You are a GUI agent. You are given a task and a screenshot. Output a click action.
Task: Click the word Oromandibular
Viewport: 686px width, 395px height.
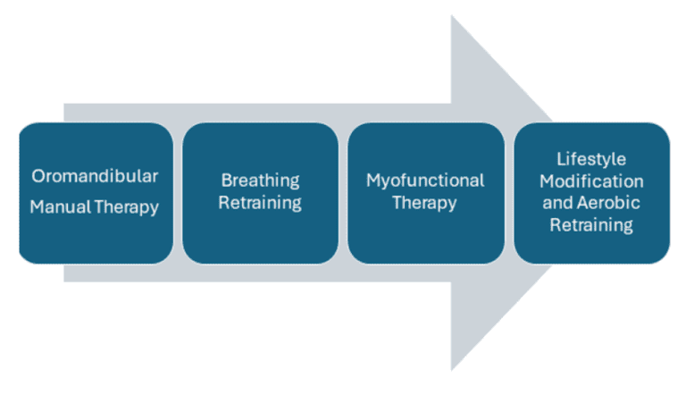pos(95,176)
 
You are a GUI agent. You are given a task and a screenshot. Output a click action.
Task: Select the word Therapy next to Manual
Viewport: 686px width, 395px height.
pos(126,207)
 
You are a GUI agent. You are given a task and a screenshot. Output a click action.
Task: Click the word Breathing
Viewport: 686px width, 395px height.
pos(260,181)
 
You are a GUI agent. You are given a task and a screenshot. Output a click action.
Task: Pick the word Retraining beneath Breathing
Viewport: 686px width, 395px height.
pos(260,203)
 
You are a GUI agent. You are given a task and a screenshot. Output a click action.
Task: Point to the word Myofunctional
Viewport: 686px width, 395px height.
pos(425,181)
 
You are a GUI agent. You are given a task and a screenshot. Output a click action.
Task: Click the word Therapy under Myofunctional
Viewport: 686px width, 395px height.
pos(425,203)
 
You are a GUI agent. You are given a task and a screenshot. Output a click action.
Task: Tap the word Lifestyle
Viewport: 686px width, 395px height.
pos(591,158)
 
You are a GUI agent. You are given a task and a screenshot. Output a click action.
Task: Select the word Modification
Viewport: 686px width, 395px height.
pos(591,181)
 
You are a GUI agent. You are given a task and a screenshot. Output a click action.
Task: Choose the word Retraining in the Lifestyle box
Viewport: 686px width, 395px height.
pos(591,225)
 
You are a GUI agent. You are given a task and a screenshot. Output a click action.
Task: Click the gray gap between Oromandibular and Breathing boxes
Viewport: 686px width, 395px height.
pos(178,193)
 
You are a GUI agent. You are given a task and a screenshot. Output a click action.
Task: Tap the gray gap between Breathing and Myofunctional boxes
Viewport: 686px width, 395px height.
pos(343,193)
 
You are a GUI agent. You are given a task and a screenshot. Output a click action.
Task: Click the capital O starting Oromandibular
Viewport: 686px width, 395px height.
pos(37,176)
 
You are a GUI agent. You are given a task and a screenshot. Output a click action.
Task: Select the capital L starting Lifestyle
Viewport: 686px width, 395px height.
pos(560,158)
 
